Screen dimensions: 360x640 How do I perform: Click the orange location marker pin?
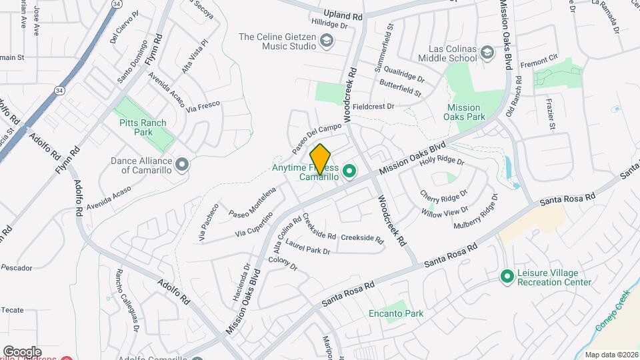321,159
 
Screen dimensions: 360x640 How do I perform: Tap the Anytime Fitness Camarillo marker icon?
348,173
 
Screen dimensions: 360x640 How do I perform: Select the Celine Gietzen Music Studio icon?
326,42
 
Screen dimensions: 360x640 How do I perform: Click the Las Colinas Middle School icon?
487,53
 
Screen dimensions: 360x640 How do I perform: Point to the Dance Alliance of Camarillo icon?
181,163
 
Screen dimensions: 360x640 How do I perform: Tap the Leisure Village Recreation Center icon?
507,275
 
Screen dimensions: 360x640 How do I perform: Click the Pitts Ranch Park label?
145,127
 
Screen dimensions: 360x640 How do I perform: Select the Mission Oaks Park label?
464,112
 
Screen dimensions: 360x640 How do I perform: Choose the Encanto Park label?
396,313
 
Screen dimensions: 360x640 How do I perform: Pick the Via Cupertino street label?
254,225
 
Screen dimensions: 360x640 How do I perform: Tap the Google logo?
22,351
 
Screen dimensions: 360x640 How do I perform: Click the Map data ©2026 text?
611,355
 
